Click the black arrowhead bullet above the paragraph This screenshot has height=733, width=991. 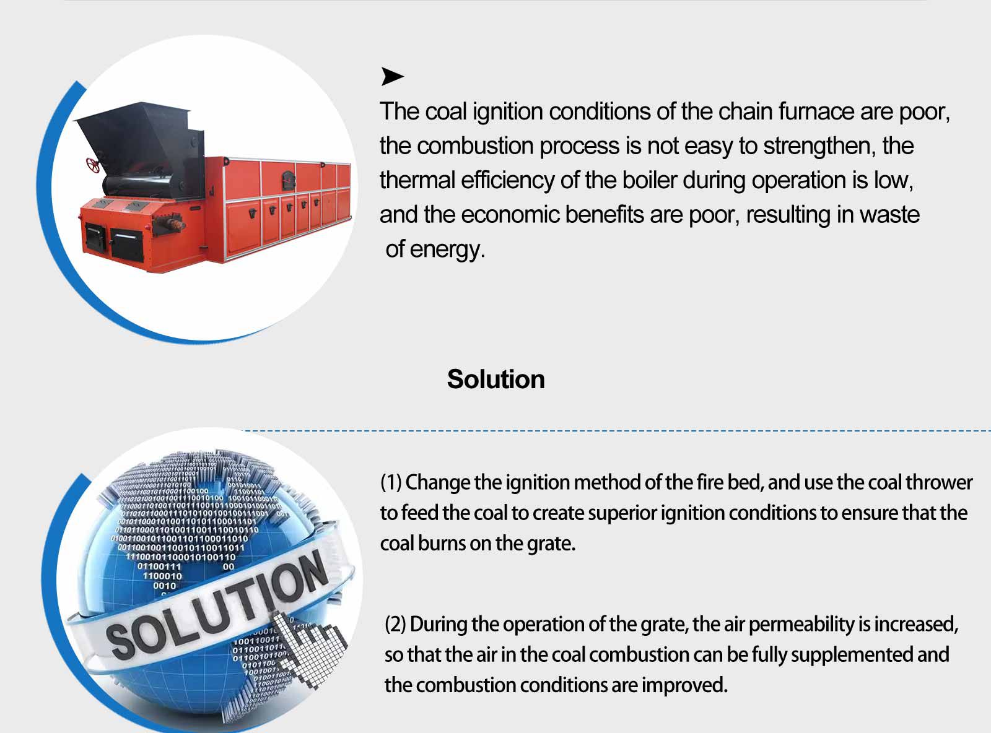tap(392, 76)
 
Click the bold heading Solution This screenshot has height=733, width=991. tap(496, 380)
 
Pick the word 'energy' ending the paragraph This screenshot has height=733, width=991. tap(447, 250)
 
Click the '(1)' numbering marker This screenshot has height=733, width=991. tap(391, 483)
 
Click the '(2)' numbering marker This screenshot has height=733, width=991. tap(395, 625)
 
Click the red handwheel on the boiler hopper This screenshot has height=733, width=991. tap(93, 165)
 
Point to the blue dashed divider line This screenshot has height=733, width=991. tap(616, 431)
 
